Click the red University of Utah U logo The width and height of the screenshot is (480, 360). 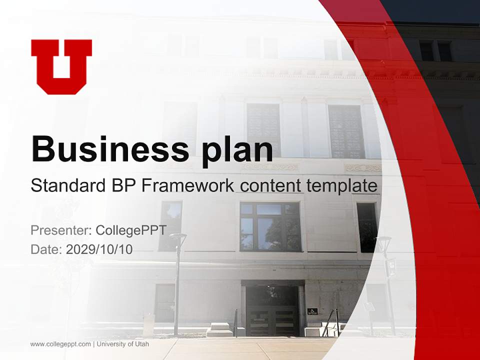point(61,66)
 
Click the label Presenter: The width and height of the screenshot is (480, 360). point(60,230)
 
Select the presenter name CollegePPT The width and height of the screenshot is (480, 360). point(131,230)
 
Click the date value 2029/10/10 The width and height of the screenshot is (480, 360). point(99,249)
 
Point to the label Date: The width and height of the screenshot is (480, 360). point(46,249)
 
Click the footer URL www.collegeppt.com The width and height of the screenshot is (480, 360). point(60,344)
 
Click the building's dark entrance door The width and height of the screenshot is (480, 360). point(272,310)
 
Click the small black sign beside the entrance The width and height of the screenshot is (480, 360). point(312,311)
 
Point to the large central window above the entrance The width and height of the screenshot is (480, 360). point(270,226)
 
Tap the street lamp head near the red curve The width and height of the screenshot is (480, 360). point(383,244)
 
